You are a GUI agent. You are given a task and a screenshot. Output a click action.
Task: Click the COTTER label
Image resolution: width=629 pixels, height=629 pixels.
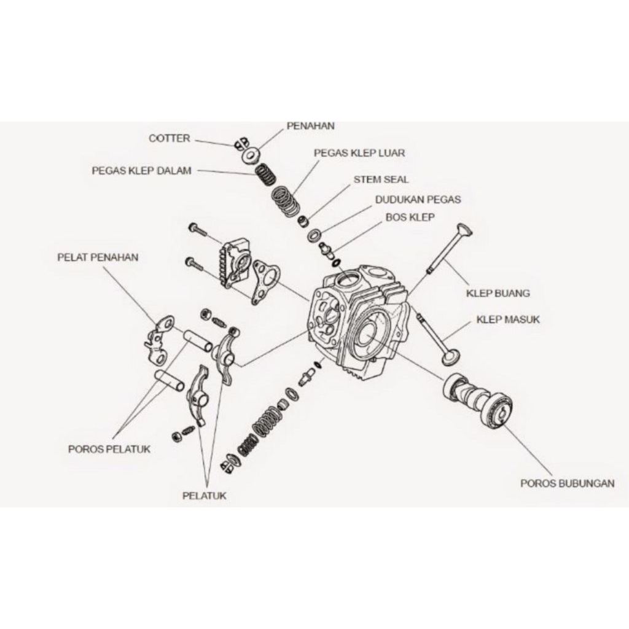coord(170,139)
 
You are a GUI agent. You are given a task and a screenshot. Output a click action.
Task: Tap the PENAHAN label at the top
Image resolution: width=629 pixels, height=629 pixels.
coord(310,126)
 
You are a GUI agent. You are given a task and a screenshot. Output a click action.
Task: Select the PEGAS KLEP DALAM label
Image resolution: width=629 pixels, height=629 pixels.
coord(141,171)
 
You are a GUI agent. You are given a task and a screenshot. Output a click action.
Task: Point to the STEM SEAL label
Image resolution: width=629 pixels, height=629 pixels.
coord(381,179)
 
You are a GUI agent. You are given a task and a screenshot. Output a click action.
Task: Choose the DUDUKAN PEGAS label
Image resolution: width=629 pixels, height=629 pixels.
coord(418,200)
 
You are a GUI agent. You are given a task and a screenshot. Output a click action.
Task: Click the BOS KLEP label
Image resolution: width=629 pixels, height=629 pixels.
coord(410,217)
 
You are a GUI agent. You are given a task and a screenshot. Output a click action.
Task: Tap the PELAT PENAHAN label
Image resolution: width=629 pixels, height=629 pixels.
coord(98,257)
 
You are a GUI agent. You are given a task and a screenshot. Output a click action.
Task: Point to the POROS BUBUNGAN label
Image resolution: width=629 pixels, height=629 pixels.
coord(567,483)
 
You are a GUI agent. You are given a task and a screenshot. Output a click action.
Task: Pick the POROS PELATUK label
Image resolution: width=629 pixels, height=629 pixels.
coord(109,449)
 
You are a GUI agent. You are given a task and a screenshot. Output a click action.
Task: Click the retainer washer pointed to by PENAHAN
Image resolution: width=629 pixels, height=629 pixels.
coord(250,155)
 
